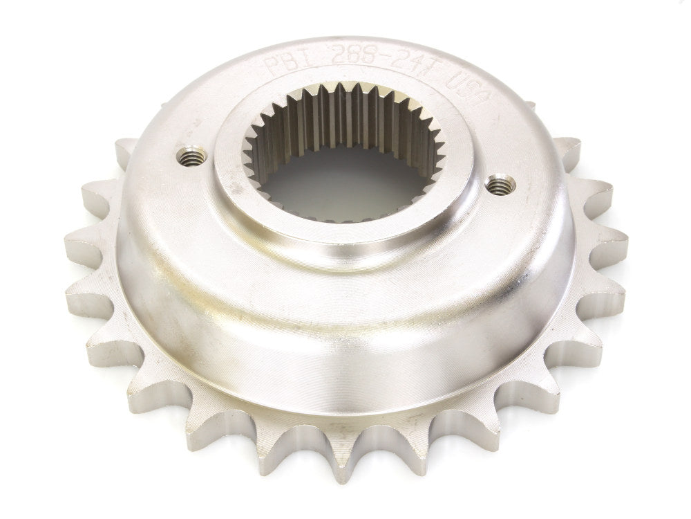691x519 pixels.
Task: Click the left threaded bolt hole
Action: coord(192,156)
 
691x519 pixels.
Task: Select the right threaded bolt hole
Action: coord(501,185)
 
